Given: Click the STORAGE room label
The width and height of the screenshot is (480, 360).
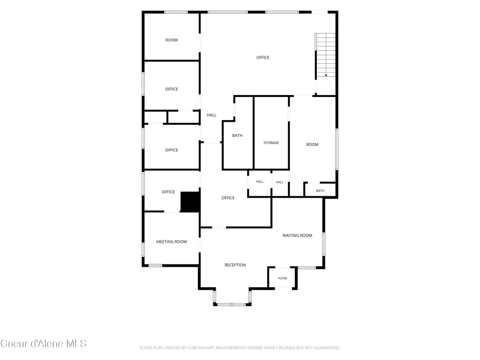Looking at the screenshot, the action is tap(271, 142).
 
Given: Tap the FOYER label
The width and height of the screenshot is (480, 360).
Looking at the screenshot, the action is tap(283, 278).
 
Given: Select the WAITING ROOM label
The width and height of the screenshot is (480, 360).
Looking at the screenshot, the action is tap(297, 235).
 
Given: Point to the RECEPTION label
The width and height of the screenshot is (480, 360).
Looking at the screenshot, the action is tap(235, 265).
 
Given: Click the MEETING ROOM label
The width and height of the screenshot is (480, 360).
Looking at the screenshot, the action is tap(172, 242).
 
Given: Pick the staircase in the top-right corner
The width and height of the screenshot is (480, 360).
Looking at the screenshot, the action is tap(326, 55).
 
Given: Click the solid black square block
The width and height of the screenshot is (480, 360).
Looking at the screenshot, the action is tap(190, 202).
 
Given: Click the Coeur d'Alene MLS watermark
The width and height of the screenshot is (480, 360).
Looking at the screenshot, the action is tap(43, 344).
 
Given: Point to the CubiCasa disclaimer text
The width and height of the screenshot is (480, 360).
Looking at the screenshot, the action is tap(240, 348).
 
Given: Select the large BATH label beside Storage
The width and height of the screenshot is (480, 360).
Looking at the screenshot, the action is tap(237, 135).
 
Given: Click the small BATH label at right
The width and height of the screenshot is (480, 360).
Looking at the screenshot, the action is tap(320, 191).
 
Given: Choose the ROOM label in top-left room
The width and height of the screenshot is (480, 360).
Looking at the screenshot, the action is tap(172, 40).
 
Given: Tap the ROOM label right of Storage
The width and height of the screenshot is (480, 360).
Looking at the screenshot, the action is tap(312, 144).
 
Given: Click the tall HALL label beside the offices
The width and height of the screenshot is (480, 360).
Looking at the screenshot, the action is tap(211, 115).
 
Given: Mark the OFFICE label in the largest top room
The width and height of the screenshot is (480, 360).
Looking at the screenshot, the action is tap(262, 58).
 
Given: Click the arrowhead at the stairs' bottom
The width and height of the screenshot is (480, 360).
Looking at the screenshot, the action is tap(326, 75).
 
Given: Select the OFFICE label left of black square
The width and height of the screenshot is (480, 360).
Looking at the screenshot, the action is tap(168, 192).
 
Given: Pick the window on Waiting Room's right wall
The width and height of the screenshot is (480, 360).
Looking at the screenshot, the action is tap(323, 244).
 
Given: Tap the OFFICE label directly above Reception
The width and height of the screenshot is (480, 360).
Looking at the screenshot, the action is tap(228, 198).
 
